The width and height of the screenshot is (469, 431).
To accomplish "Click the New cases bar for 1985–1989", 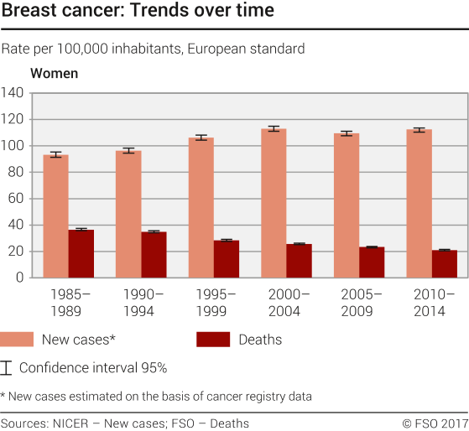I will point(55,216).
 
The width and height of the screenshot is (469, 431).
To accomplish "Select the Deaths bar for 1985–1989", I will point(81,253).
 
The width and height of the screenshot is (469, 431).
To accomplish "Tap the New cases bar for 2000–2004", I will point(274,203).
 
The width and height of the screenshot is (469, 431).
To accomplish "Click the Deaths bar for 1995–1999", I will point(226,259).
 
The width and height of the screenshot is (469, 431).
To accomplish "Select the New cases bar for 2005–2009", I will point(347,205).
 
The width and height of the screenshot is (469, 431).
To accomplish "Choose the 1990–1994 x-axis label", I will point(141,301).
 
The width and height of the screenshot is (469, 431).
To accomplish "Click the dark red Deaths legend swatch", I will point(212,340).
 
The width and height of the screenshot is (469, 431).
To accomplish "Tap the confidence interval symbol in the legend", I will point(8,367).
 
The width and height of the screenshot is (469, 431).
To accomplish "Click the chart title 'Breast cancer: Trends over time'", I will point(137,13).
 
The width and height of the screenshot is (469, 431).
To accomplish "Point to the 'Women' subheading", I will point(54,73).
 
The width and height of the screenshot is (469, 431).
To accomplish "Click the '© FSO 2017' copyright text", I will point(435,423).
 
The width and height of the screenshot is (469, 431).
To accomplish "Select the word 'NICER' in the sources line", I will point(75,423).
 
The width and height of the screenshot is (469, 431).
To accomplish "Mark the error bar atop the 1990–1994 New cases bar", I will point(128,151).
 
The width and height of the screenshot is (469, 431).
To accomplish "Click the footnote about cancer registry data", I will point(156,396).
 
